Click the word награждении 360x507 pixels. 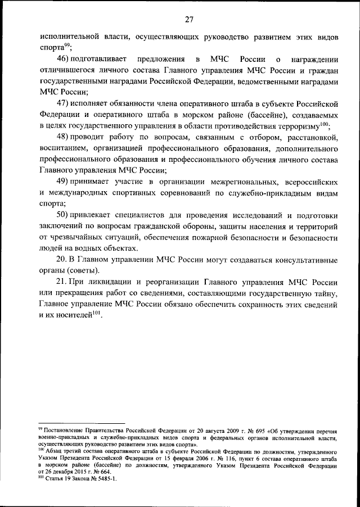(x=313, y=59)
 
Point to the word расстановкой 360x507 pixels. (x=312, y=137)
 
